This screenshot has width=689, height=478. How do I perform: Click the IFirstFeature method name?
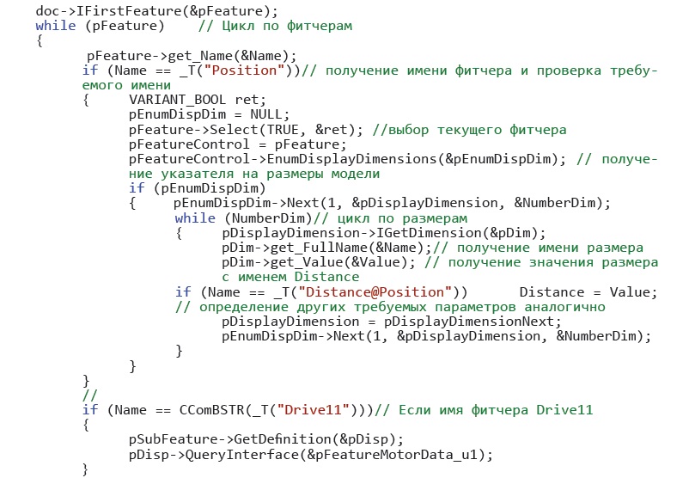(131, 10)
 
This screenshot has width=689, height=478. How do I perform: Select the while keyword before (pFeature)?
(55, 26)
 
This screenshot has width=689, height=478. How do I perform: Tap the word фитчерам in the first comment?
(319, 26)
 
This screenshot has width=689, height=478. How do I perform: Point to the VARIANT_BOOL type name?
(177, 100)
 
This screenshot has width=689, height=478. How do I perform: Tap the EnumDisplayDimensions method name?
(351, 159)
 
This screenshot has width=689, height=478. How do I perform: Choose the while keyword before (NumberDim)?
(195, 218)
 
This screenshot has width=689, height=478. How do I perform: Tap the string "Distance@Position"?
(375, 292)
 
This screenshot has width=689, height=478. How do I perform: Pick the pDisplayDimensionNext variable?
(469, 322)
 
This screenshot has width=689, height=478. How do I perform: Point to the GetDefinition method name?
(283, 439)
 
